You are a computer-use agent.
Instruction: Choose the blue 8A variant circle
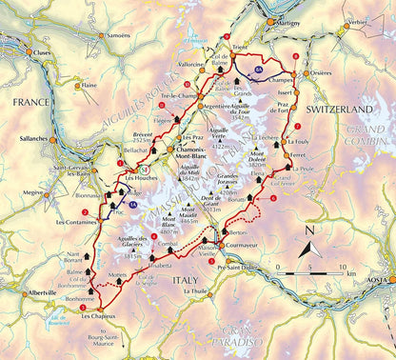pyautogui.click(x=259, y=70)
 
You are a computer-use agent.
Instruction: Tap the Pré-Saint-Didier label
pyautogui.click(x=240, y=270)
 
